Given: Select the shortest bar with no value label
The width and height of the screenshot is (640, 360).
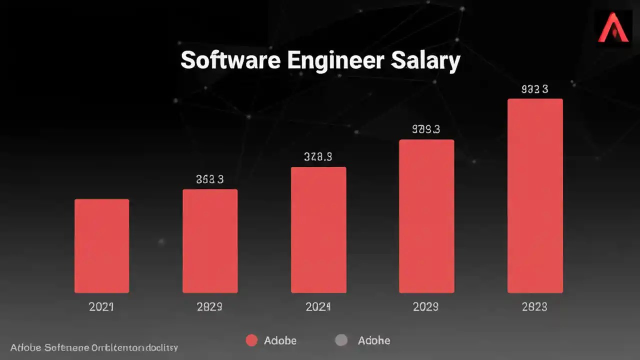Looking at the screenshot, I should point(102,246).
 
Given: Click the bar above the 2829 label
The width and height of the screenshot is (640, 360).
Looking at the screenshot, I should point(210,241).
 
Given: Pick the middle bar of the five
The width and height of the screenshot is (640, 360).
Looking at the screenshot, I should point(318,230).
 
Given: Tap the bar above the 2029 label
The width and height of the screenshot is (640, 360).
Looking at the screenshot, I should point(426,216).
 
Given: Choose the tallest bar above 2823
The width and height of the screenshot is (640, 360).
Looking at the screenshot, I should point(535,195).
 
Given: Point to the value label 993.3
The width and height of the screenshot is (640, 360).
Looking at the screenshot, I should point(534,89).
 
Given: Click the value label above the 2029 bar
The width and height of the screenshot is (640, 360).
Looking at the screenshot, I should point(426,129).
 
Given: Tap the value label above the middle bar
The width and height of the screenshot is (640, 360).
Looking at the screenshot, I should point(318,157).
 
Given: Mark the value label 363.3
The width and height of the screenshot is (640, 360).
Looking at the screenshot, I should point(209,179).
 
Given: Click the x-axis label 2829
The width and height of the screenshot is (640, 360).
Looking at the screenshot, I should point(209,306).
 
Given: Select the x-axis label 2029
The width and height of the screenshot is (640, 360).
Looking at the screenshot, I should point(426,306).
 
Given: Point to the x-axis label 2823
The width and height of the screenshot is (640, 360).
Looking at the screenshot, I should point(534,306).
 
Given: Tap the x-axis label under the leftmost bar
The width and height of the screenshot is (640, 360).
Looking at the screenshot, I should point(101,306).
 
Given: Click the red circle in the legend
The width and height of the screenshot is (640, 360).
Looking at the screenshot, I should point(251,340).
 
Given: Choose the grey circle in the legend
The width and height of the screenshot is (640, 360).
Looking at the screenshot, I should point(340,340).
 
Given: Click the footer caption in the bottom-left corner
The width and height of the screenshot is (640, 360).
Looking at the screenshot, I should point(94,347).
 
